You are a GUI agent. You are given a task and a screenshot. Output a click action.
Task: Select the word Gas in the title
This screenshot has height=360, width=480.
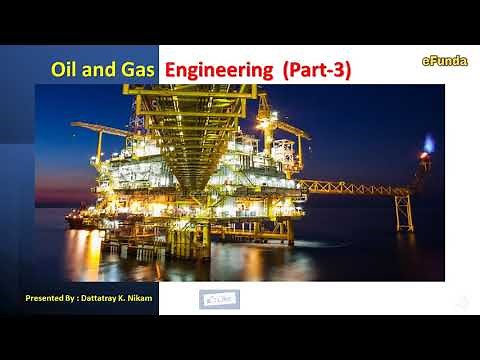coord(138,70)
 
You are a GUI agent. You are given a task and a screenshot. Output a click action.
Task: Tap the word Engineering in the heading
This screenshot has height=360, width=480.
coord(218,70)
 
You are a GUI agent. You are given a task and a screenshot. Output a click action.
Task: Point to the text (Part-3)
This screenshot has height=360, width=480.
coord(317,70)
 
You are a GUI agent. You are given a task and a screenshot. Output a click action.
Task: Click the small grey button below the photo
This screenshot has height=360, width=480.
coord(220,298)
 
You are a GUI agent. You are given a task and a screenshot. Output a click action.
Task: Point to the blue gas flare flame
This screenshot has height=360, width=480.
coord(429,143)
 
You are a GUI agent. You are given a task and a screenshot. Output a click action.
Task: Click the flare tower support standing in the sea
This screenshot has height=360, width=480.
coord(403,212)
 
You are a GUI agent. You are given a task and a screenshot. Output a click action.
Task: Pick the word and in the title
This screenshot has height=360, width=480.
coord(101,70)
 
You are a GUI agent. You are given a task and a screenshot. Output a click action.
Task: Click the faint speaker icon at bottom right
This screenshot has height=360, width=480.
coord(461,301)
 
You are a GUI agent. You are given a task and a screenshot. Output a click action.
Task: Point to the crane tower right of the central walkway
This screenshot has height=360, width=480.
coord(268,135)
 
